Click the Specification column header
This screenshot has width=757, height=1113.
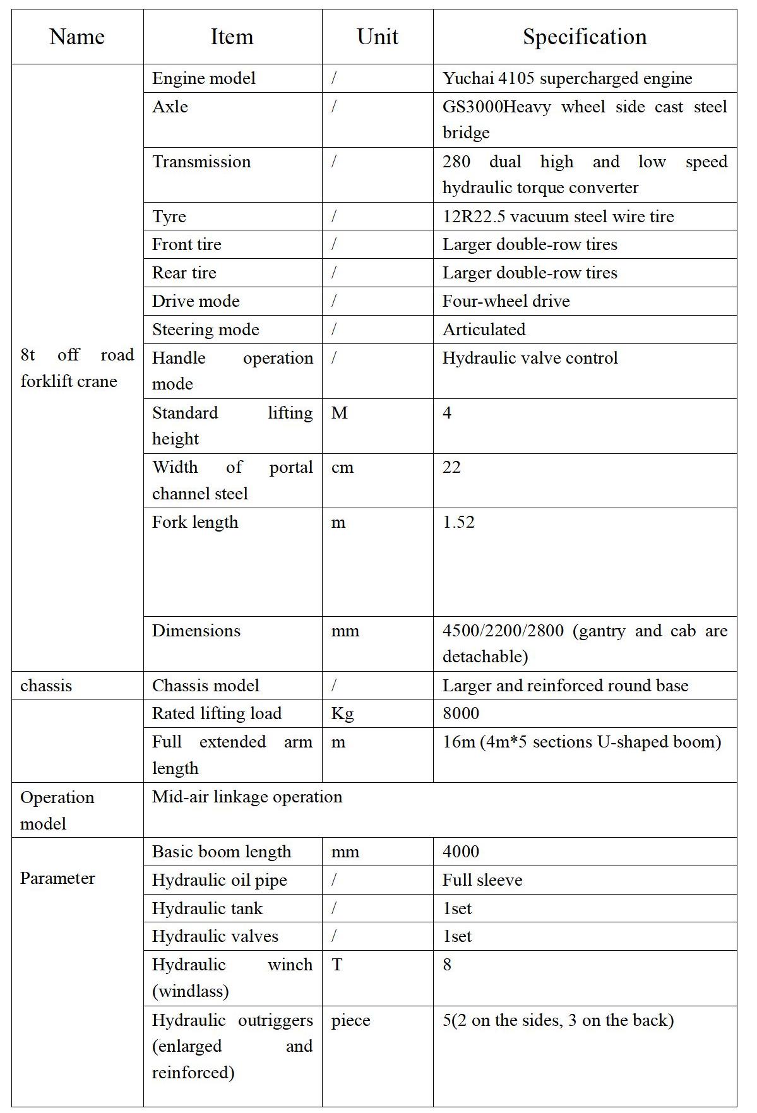[585, 37]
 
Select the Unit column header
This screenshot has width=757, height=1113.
[378, 37]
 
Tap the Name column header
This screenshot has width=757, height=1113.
[77, 37]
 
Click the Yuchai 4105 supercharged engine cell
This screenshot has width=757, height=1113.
[567, 78]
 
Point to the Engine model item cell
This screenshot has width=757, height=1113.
[204, 78]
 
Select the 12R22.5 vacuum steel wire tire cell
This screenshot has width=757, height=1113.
[558, 217]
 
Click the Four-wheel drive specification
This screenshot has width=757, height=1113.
[506, 301]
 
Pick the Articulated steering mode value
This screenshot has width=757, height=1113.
[484, 330]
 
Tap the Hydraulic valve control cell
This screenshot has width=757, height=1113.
[530, 358]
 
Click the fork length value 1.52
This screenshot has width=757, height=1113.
[458, 523]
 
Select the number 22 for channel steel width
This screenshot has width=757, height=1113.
[451, 468]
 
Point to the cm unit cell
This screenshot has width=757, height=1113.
[342, 468]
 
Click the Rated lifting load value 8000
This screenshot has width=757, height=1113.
[461, 713]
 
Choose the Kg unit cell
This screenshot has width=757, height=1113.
[342, 713]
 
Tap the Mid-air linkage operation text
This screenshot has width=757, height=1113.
[247, 797]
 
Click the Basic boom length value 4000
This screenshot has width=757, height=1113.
[461, 852]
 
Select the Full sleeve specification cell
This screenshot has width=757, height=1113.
[482, 880]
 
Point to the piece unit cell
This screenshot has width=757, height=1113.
[350, 1021]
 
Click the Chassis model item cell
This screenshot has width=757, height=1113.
[206, 686]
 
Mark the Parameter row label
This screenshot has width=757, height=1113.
[57, 878]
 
